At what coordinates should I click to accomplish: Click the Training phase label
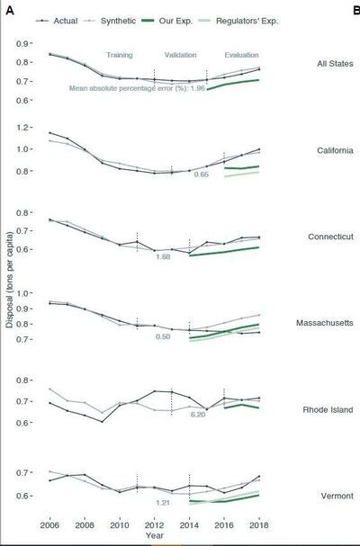pos(120,55)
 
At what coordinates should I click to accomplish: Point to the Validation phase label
pos(180,55)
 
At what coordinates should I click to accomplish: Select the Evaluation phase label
pos(240,55)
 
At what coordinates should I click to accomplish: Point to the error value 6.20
pos(199,415)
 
